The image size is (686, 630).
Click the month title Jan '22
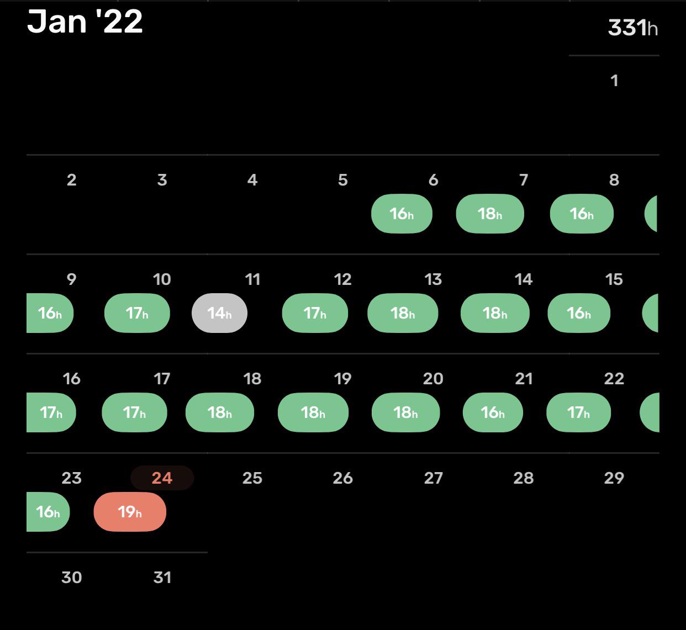[85, 22]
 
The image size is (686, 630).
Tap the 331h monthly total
[632, 28]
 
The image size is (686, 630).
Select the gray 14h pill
[219, 313]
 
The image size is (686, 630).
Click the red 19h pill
[130, 512]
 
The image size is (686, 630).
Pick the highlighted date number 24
[162, 478]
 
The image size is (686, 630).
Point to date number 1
[614, 81]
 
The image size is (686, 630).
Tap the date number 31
[162, 577]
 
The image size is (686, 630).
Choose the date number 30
[71, 577]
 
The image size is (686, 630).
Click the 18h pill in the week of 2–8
[490, 214]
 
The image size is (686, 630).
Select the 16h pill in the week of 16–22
[493, 412]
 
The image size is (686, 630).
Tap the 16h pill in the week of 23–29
[48, 512]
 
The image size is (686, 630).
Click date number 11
[252, 279]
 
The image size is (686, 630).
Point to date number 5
[343, 180]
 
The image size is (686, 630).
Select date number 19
[343, 379]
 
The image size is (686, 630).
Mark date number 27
[434, 478]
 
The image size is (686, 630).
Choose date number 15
[614, 279]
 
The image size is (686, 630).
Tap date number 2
[71, 180]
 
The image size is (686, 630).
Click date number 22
[614, 379]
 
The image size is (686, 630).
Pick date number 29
[614, 478]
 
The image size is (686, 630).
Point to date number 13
[434, 279]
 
